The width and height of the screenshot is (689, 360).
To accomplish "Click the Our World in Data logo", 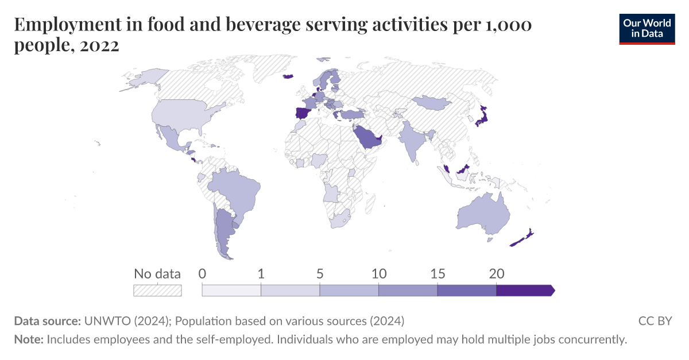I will coord(647,28).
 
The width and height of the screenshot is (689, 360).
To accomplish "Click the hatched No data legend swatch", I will coord(157,291).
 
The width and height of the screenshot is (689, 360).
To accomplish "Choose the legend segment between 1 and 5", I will coord(290,291).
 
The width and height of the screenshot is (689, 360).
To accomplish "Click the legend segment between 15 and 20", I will coord(466,291).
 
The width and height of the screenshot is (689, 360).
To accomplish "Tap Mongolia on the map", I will coord(430,103).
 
